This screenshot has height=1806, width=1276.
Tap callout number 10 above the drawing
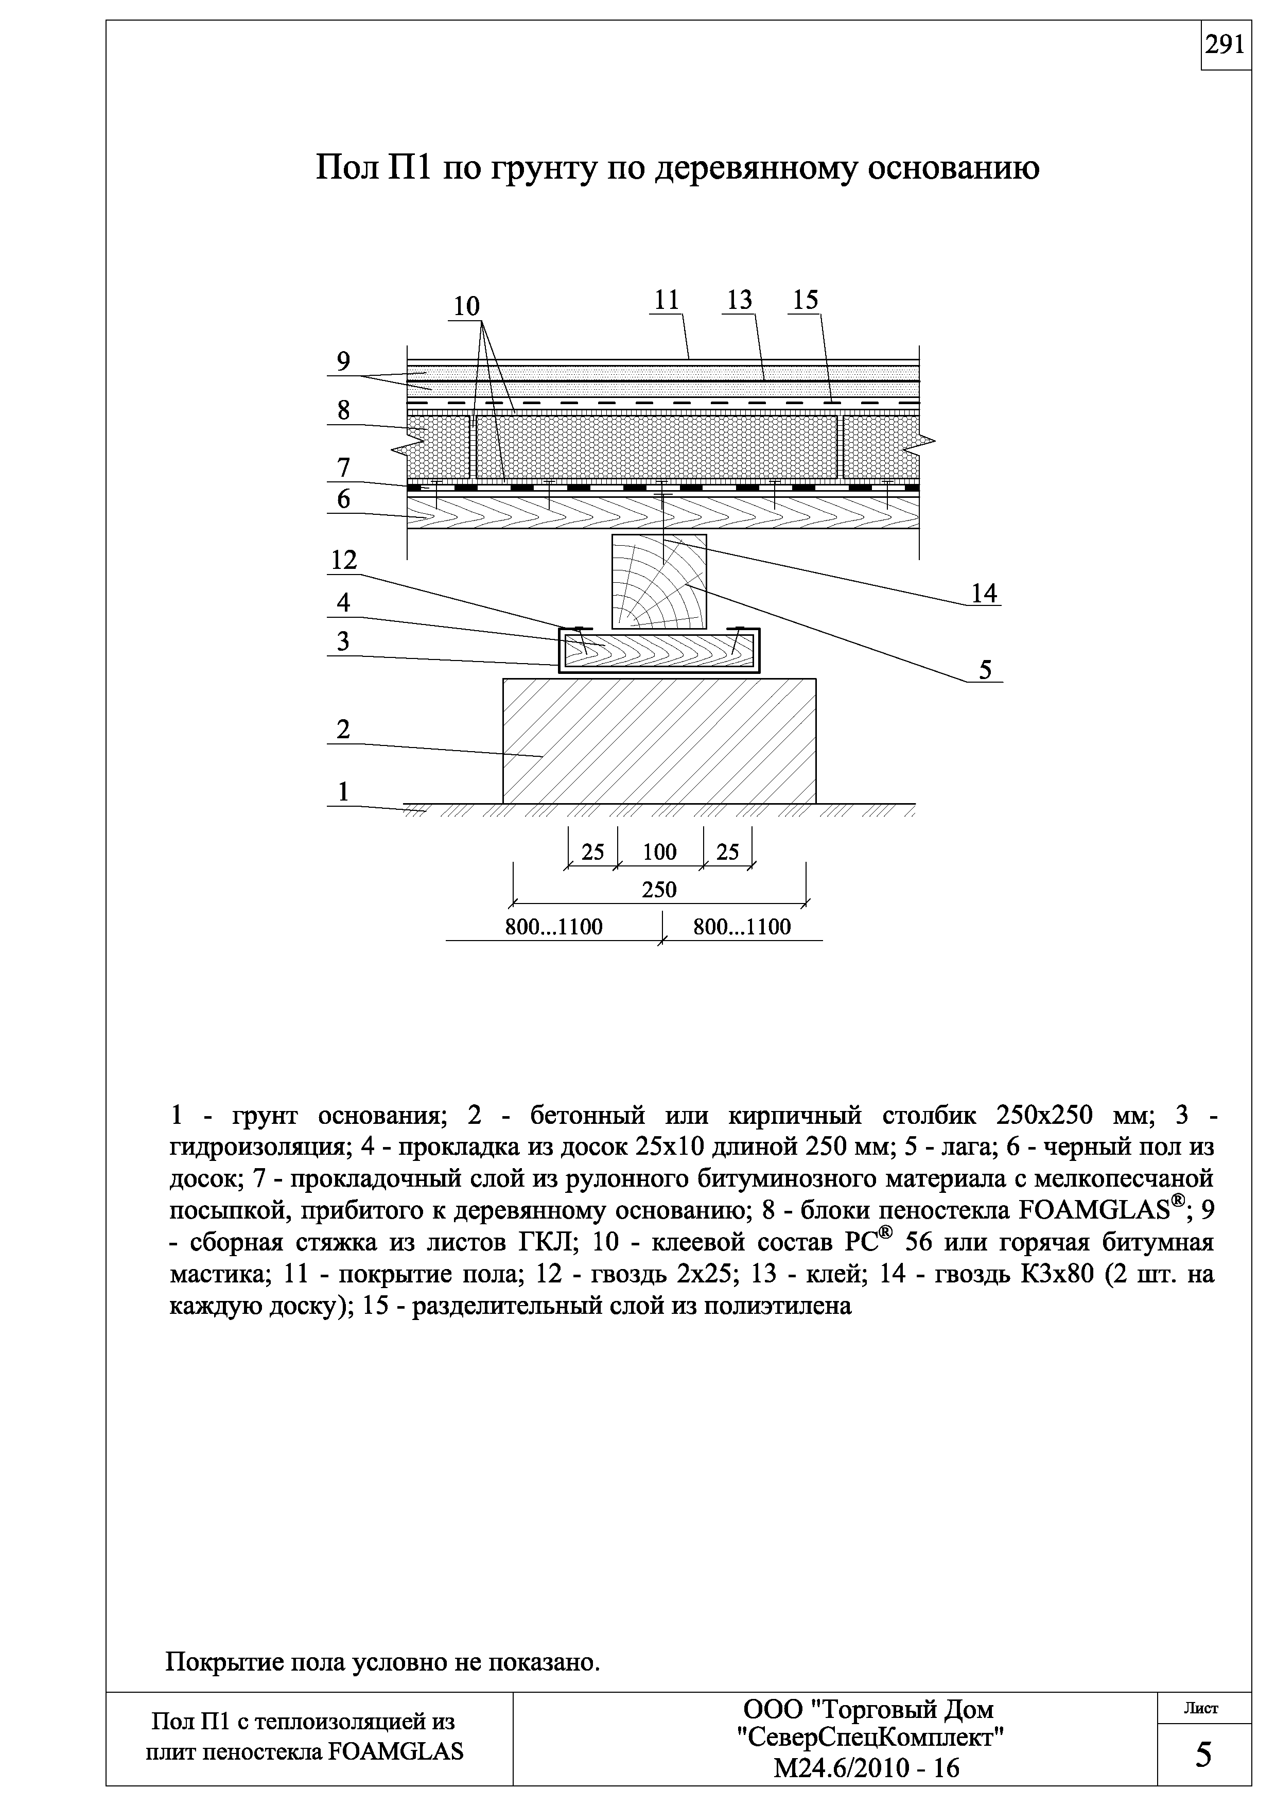tap(466, 306)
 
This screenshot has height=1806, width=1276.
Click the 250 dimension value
tap(659, 890)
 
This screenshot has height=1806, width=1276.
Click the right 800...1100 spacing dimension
tap(741, 927)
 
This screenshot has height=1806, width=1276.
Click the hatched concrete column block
tap(659, 740)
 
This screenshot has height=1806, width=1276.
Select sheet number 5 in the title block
tap(1203, 1755)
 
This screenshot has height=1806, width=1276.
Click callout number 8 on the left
tap(343, 411)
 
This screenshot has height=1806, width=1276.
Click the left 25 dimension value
tap(593, 852)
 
